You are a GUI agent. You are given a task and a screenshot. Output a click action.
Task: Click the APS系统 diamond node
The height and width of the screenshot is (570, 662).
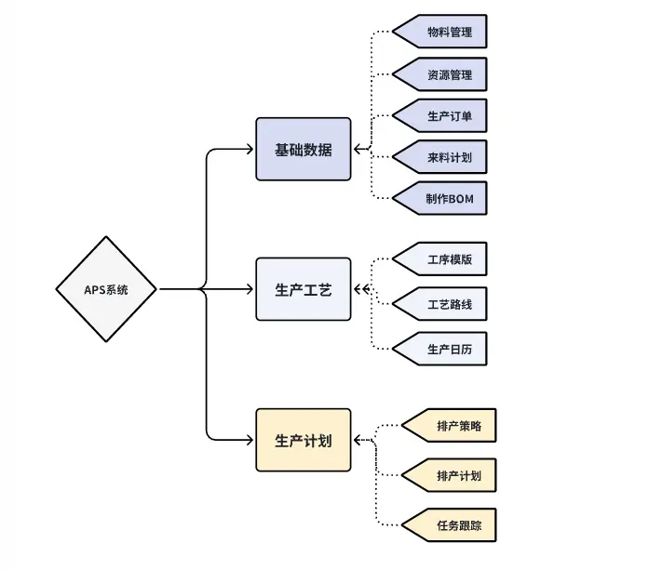(x=106, y=289)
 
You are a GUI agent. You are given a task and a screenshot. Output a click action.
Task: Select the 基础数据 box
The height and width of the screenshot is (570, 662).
(x=304, y=149)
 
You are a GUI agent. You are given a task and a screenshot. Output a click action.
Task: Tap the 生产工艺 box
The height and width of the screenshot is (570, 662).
(x=304, y=289)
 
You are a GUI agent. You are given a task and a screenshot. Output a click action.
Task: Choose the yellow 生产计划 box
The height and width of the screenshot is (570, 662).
(x=304, y=440)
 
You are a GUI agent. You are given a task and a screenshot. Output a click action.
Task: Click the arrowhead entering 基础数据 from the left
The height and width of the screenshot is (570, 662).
(x=250, y=149)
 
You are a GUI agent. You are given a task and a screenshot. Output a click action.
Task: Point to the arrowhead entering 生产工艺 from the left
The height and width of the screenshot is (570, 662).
(x=250, y=289)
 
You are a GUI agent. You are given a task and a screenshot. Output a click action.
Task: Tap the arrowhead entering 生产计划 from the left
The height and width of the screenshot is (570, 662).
(x=250, y=440)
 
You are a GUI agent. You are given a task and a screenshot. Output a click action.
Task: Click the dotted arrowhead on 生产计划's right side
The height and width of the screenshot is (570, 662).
(x=358, y=440)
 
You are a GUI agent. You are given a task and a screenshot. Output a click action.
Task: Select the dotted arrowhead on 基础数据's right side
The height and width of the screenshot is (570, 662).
(x=358, y=149)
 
